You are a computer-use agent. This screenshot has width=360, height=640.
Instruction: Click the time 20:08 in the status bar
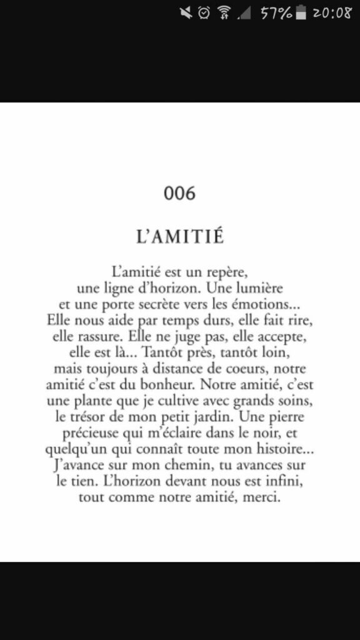coord(332,12)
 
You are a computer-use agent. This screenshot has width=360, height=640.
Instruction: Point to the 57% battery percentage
coord(276,12)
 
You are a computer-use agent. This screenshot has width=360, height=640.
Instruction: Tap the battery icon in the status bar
coord(302,12)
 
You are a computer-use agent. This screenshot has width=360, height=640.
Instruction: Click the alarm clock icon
coord(203,12)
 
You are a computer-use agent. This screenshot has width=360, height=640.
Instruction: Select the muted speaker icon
coord(185,12)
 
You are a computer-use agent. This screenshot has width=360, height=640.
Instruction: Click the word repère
coord(231,274)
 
